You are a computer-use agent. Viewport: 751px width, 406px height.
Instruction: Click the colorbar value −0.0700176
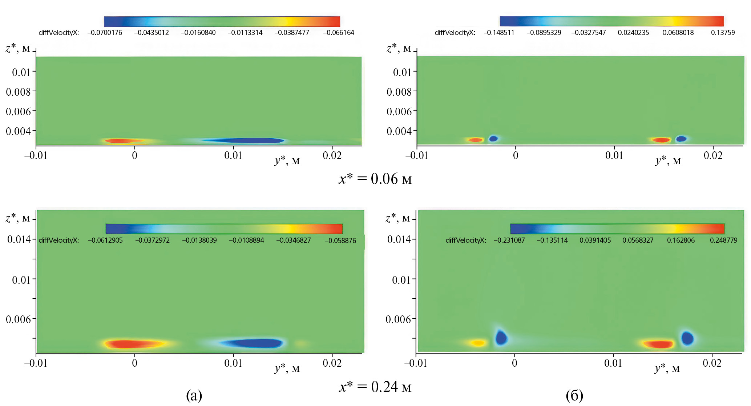click(105, 33)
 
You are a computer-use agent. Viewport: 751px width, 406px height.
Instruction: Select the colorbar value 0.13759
click(723, 33)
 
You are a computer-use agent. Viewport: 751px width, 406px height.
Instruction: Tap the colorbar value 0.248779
click(723, 240)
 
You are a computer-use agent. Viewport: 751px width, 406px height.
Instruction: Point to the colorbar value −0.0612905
click(105, 240)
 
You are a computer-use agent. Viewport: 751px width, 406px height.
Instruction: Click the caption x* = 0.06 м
click(375, 179)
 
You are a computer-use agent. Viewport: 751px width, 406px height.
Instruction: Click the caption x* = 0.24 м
click(375, 387)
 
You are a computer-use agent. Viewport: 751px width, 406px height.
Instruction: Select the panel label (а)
click(194, 395)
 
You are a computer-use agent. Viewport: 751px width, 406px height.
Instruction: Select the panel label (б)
click(574, 395)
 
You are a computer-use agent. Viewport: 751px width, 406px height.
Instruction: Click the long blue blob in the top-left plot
click(243, 140)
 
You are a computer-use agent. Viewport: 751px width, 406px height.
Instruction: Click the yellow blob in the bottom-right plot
click(478, 343)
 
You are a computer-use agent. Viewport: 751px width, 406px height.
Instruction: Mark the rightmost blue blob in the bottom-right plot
click(687, 338)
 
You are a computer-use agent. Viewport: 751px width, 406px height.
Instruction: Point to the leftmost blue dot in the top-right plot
click(493, 138)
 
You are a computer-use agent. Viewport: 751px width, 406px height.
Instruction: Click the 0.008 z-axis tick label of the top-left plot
click(18, 92)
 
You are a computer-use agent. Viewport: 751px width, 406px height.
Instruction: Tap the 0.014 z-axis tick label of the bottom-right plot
click(399, 239)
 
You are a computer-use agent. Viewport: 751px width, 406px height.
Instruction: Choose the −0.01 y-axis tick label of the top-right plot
click(416, 156)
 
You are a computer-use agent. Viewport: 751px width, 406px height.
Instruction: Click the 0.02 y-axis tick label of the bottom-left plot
click(332, 363)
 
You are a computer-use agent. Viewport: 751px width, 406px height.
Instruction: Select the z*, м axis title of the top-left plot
click(18, 48)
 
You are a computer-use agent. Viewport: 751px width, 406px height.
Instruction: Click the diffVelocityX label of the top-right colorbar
click(455, 33)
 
